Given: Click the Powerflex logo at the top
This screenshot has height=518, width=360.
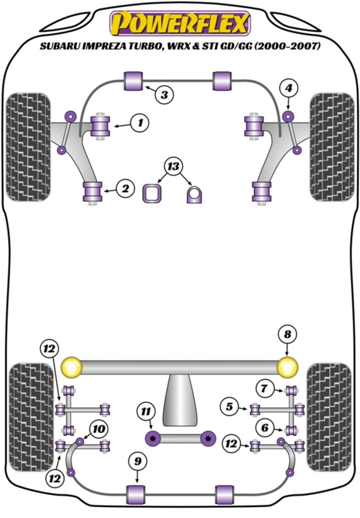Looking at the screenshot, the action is click(180, 23).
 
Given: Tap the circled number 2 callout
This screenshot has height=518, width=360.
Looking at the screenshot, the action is click(125, 189).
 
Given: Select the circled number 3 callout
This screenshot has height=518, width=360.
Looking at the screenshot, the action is click(164, 95).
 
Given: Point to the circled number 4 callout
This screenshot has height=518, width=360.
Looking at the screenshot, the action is click(288, 89).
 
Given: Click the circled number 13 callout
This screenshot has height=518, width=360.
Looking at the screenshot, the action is click(173, 166).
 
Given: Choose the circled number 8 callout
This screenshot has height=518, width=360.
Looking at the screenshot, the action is click(287, 334).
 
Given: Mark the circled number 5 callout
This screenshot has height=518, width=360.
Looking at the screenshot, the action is click(229, 407).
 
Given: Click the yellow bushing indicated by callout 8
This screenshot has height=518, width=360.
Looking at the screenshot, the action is click(288, 367).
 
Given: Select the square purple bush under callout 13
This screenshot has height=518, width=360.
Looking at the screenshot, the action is click(151, 193).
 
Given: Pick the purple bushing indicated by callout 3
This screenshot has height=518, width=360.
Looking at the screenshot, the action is click(133, 81).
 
